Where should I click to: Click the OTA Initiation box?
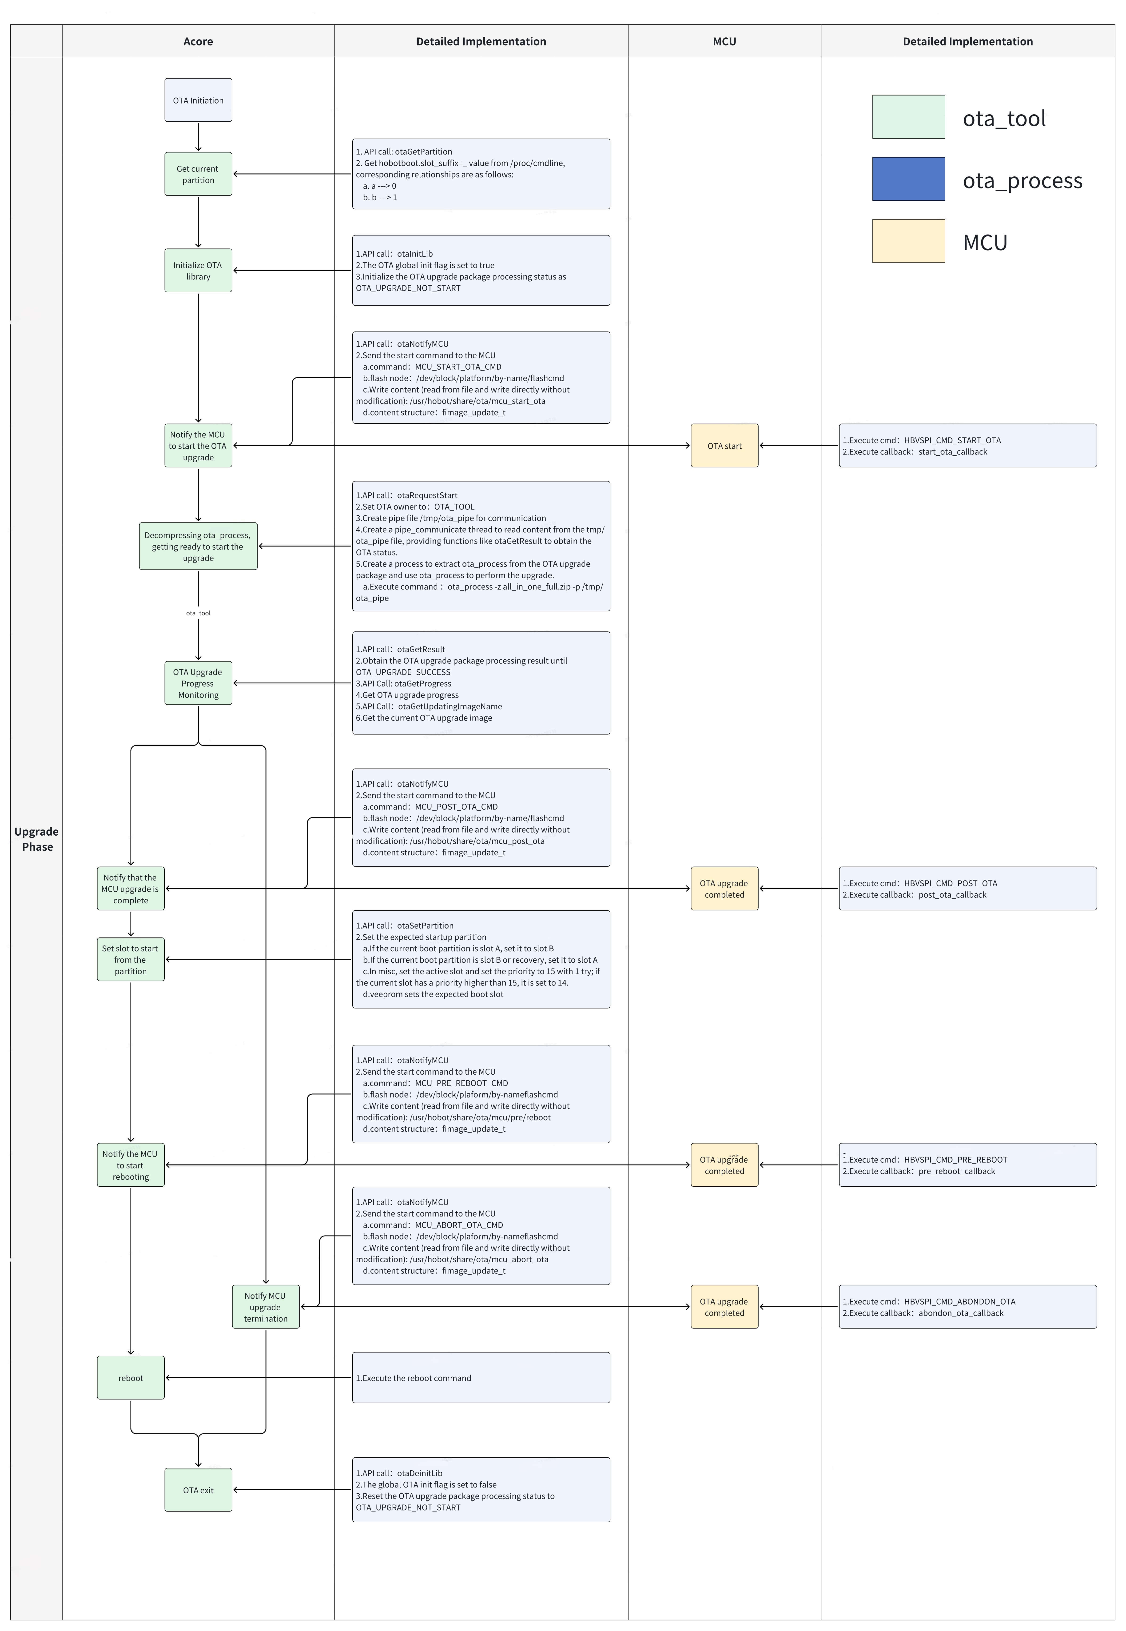[x=198, y=100]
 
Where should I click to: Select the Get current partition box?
[x=198, y=174]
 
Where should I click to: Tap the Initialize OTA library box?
[x=198, y=271]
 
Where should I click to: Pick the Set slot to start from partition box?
[x=131, y=959]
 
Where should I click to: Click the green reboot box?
[x=131, y=1378]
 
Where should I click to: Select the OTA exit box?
[x=198, y=1490]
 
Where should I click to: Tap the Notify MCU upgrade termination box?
[x=266, y=1307]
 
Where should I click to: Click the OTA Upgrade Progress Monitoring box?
[x=198, y=684]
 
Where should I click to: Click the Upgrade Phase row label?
[x=37, y=839]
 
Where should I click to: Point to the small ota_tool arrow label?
[x=198, y=613]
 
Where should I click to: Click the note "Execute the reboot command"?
[x=481, y=1378]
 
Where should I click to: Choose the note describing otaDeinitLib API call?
[x=481, y=1490]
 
